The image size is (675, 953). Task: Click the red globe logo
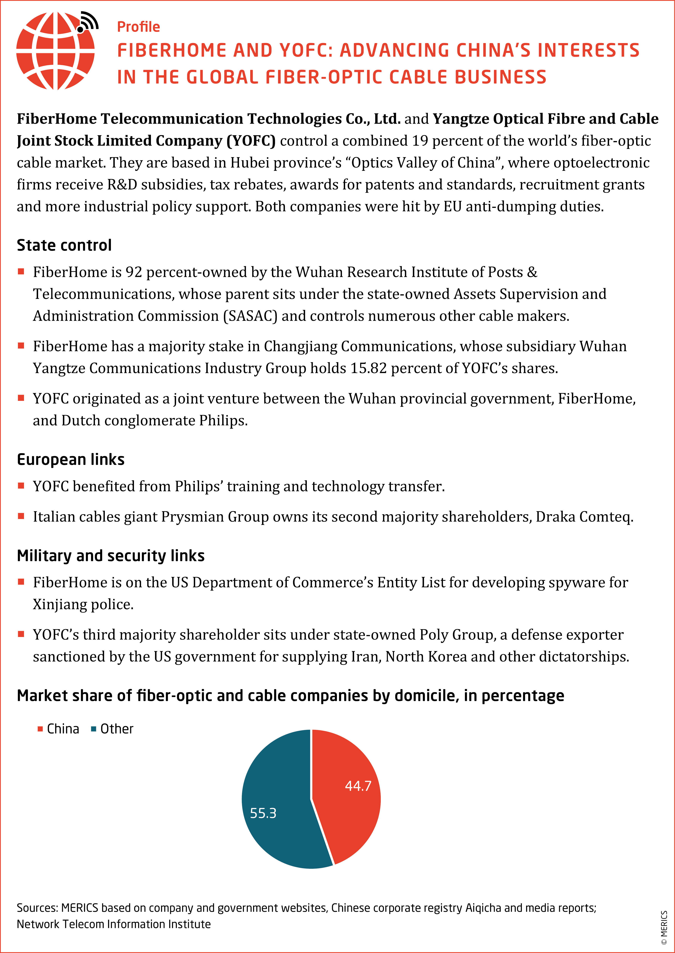55,51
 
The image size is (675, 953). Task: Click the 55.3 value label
263,813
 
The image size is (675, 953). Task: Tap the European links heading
71,460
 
